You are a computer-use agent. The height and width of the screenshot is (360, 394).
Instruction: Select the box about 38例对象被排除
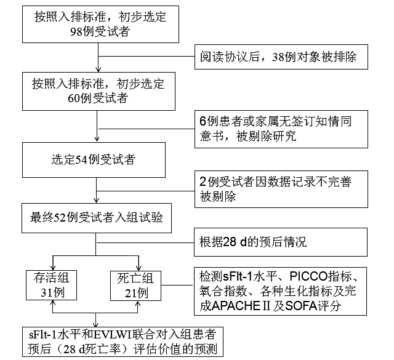(283, 58)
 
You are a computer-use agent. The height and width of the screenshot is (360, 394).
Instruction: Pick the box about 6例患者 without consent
(283, 127)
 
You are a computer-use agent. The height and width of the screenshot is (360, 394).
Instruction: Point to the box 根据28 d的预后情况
(283, 242)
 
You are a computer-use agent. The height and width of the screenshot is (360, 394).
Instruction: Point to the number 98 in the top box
(77, 31)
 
